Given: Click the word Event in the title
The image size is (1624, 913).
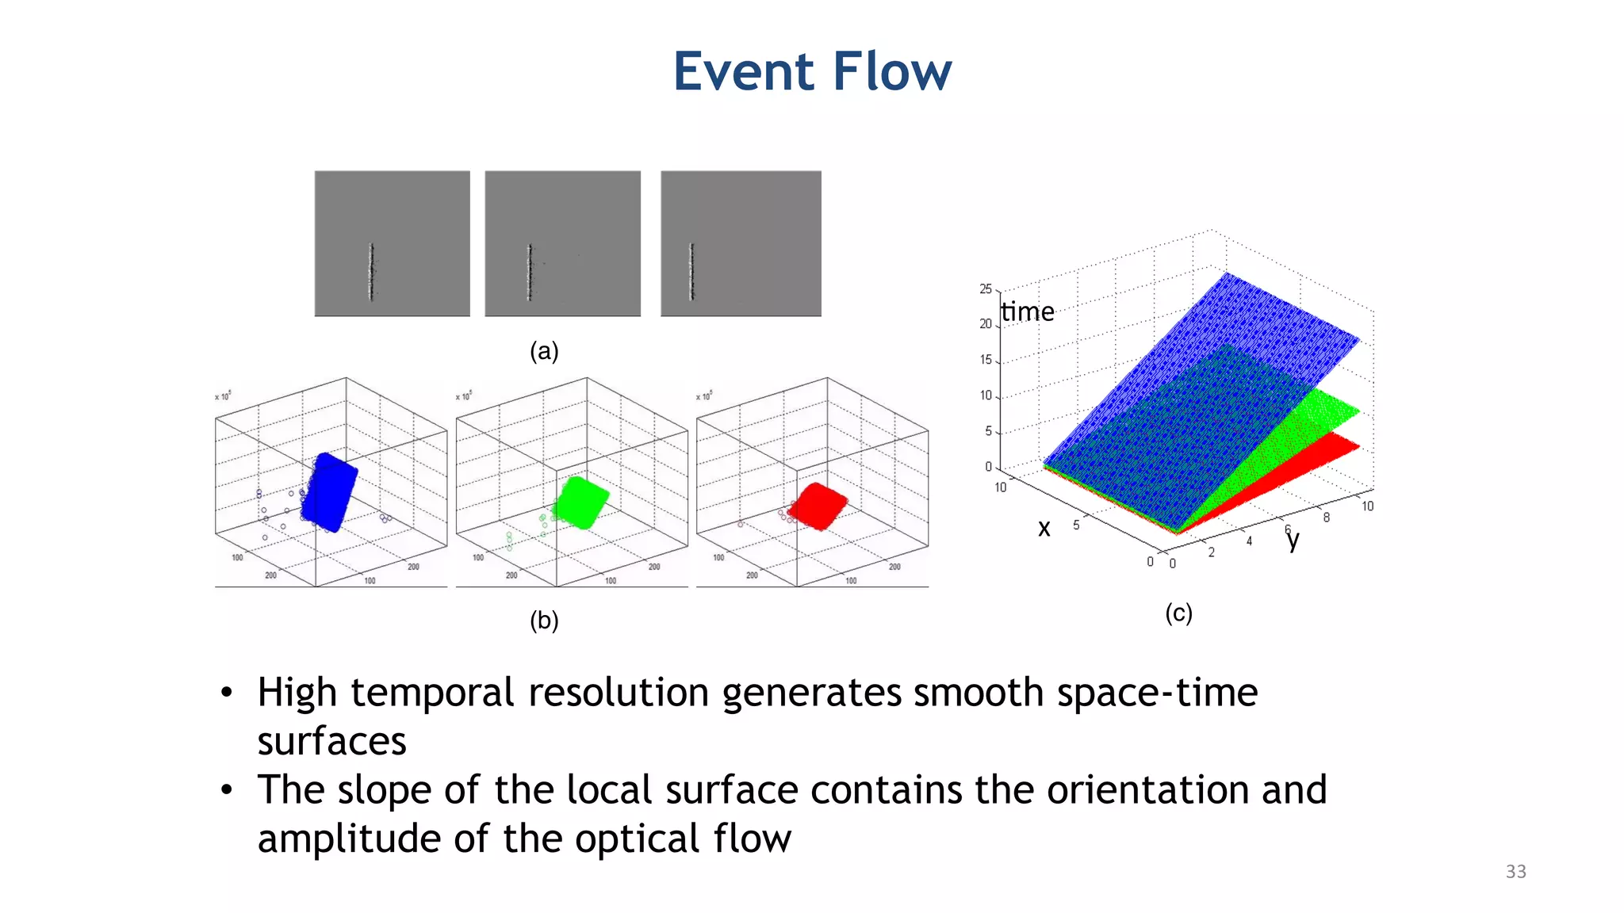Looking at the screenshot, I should (x=744, y=71).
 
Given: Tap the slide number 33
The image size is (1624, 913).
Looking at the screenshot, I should (x=1515, y=872).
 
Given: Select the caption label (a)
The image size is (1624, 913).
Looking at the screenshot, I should (x=544, y=351).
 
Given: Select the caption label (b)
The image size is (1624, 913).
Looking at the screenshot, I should (x=544, y=621).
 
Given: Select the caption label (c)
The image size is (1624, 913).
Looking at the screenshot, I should (x=1178, y=613).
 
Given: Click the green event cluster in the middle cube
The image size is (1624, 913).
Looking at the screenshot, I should (x=581, y=502).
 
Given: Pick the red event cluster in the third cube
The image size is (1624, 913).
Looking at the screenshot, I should (x=820, y=506).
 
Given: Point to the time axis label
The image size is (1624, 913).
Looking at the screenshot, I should (x=1027, y=311).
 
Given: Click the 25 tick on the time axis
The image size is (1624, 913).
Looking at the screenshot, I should (x=986, y=288).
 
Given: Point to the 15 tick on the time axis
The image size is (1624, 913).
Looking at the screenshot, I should (x=986, y=360).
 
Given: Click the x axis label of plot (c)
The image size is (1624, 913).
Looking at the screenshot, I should (x=1044, y=529).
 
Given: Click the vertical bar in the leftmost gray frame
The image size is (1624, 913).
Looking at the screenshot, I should (x=371, y=272).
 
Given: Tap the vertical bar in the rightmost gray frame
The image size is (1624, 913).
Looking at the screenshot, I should (x=691, y=272).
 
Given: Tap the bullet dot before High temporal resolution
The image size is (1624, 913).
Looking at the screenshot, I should (x=227, y=693).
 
